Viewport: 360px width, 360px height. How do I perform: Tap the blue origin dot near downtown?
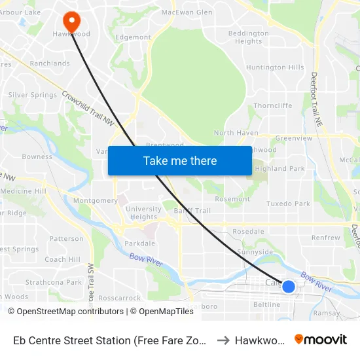click(x=288, y=286)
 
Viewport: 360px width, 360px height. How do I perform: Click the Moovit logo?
click(x=320, y=339)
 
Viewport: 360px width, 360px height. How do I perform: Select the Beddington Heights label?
click(x=248, y=37)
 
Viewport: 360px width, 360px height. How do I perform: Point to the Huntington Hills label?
click(x=274, y=67)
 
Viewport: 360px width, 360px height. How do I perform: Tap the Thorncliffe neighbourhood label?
click(x=272, y=105)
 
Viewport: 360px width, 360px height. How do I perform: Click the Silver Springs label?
click(x=32, y=95)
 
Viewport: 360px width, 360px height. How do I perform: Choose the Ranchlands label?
click(x=49, y=63)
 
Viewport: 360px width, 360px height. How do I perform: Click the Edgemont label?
click(x=133, y=37)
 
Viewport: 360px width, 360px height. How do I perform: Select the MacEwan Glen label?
click(x=187, y=12)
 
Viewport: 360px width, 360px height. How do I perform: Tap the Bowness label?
click(x=37, y=157)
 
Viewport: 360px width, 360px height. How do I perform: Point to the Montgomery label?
click(x=96, y=201)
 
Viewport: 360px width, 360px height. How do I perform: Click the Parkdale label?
click(x=139, y=243)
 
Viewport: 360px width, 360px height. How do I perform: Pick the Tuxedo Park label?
click(x=288, y=204)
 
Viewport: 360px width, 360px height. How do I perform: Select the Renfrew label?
click(x=325, y=238)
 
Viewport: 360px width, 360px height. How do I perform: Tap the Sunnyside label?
click(x=255, y=251)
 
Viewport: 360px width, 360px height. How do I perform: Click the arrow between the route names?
click(x=223, y=340)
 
